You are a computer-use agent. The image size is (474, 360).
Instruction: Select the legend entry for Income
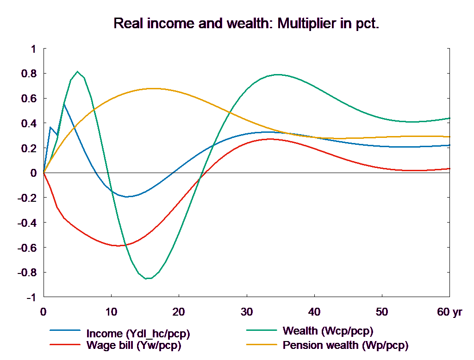(138, 334)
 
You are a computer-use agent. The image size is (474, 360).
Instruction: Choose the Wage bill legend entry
(133, 345)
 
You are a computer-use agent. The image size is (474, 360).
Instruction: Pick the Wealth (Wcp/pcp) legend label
(327, 331)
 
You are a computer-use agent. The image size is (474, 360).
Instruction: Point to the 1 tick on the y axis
(33, 49)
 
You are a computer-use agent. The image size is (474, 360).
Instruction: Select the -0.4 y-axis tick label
(27, 223)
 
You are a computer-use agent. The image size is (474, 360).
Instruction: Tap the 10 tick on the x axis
(111, 312)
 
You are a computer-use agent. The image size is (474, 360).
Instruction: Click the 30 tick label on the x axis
(246, 312)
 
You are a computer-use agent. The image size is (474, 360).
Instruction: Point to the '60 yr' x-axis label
(449, 312)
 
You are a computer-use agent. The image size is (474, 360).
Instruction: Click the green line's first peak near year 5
(77, 72)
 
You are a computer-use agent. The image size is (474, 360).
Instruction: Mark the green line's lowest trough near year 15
(147, 279)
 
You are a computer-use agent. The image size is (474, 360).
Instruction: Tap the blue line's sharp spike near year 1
(50, 127)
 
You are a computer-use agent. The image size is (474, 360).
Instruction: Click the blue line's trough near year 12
(126, 197)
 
